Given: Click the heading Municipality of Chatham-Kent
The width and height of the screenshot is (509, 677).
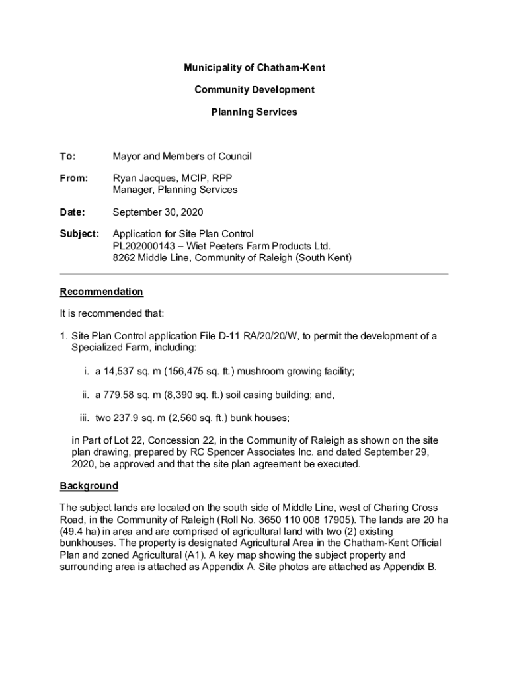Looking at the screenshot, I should click(x=254, y=68).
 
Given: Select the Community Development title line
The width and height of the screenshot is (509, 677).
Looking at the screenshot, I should click(x=254, y=90).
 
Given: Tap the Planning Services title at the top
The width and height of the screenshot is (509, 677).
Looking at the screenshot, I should click(x=254, y=112).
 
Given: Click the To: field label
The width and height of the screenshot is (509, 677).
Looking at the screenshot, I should click(x=67, y=157).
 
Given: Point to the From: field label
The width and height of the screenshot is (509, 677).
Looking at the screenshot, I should click(x=73, y=179).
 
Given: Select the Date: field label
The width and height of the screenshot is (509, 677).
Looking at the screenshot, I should click(x=73, y=212).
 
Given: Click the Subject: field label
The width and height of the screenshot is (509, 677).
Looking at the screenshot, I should click(x=79, y=234).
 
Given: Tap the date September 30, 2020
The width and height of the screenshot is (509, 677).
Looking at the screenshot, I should click(x=158, y=212).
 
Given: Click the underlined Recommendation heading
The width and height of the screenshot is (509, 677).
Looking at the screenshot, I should click(x=101, y=292).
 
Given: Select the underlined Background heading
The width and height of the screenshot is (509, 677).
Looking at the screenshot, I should click(x=89, y=486).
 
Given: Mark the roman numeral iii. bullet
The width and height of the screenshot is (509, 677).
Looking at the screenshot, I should click(x=83, y=418).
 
